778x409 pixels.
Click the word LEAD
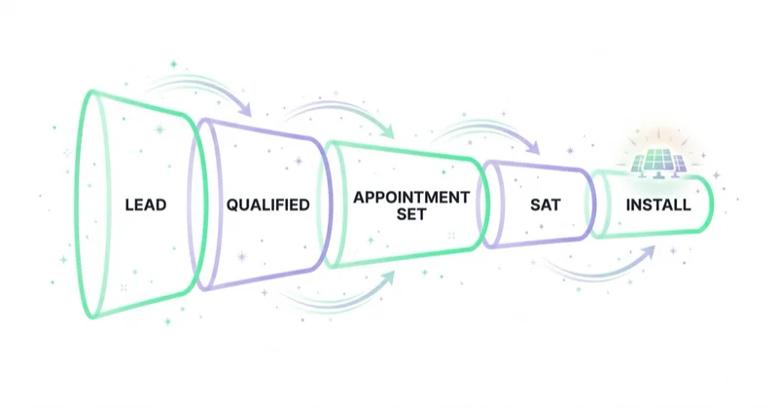[x=145, y=204]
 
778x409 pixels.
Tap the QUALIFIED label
[x=268, y=204]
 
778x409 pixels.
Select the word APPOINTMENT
[x=411, y=198]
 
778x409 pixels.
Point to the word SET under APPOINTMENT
[x=411, y=214]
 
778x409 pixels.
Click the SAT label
[x=545, y=204]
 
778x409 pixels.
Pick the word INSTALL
[x=658, y=204]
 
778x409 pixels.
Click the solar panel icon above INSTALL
[x=658, y=163]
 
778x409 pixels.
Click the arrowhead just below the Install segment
[x=648, y=252]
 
